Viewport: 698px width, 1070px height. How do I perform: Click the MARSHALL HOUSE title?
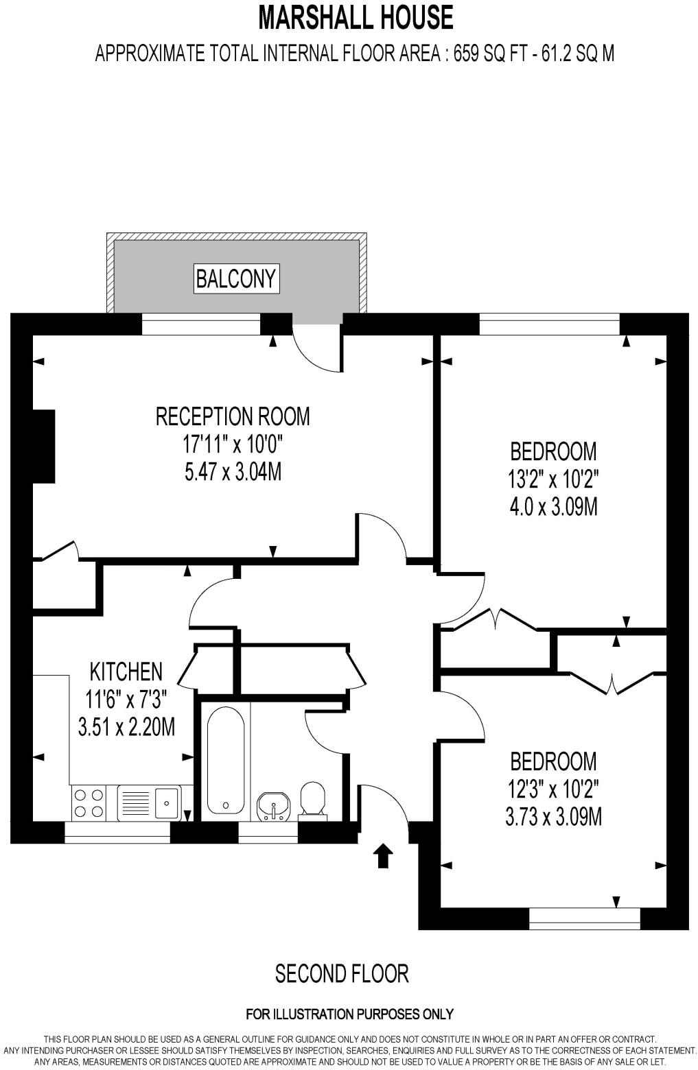point(355,18)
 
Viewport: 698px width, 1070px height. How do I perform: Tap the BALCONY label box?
point(236,278)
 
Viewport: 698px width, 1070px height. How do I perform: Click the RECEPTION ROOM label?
point(233,416)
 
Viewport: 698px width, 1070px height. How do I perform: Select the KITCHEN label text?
point(126,671)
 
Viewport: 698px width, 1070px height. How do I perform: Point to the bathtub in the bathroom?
point(226,760)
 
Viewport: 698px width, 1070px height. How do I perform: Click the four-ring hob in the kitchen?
point(89,802)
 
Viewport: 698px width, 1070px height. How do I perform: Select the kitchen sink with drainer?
point(148,802)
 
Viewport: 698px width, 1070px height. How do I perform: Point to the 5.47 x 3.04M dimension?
point(233,472)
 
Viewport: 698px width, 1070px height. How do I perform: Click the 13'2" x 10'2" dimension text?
point(553,479)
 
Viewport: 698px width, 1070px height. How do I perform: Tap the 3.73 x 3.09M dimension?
point(553,817)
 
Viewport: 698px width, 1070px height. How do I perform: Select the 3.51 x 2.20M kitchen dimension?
point(126,726)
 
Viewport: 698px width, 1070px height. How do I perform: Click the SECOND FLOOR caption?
point(342,973)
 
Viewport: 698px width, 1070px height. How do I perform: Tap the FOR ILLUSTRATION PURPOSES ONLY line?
point(349,1014)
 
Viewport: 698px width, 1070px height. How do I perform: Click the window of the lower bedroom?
point(584,918)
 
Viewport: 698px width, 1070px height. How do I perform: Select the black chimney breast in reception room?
point(44,446)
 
